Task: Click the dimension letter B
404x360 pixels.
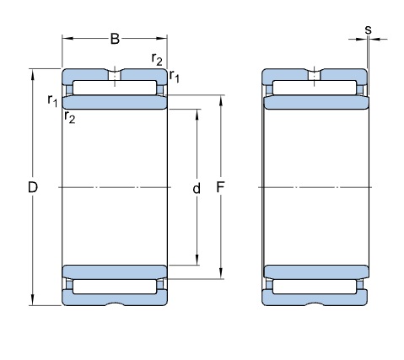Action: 115,39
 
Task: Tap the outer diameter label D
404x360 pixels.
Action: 33,187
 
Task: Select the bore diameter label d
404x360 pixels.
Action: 197,188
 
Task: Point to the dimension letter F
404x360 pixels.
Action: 221,187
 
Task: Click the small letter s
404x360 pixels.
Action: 368,30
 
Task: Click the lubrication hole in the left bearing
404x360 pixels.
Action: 115,76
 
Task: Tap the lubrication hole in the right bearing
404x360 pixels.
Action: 315,76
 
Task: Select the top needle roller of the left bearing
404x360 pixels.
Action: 115,88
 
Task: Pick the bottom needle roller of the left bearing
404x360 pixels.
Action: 115,287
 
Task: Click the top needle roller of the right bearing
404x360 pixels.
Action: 315,88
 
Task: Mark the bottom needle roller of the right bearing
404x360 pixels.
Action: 315,287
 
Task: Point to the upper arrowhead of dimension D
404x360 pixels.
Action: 33,74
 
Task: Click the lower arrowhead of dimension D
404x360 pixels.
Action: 33,300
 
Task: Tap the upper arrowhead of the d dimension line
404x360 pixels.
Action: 197,114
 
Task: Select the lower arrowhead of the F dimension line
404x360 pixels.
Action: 221,274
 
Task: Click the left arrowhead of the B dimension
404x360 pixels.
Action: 67,38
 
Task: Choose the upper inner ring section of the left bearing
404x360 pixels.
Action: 115,102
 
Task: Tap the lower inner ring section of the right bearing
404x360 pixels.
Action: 316,272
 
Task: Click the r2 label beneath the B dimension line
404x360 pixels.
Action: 157,59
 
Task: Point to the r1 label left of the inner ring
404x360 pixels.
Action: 52,100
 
